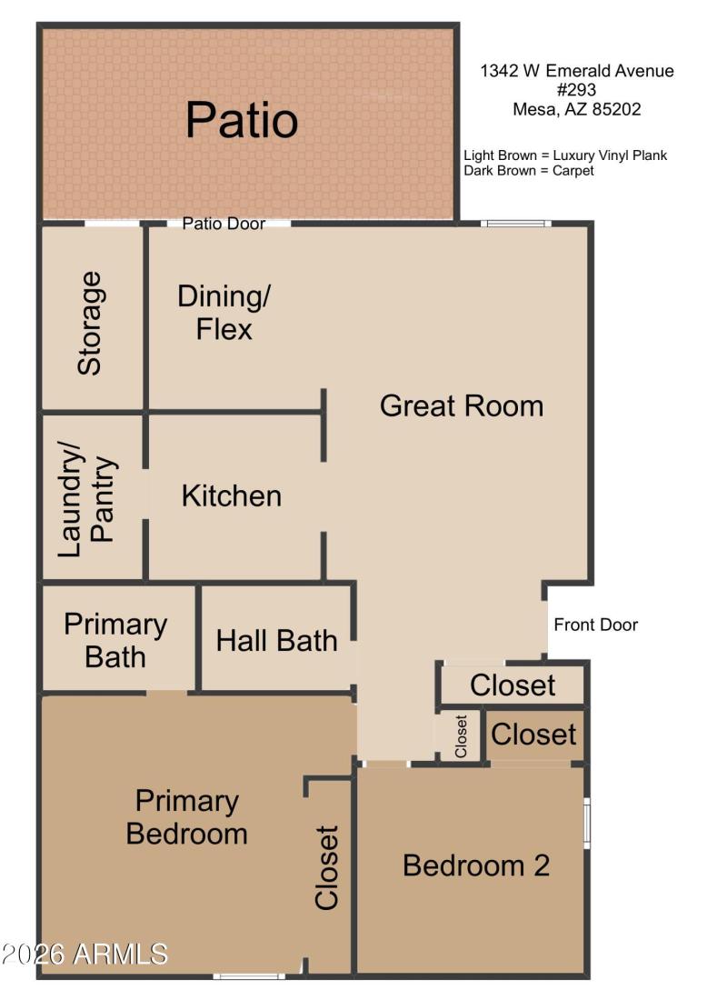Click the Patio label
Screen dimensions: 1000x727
click(x=242, y=121)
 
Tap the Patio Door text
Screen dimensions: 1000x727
click(x=224, y=224)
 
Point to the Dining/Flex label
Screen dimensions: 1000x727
click(x=224, y=313)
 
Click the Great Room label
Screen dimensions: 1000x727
click(x=462, y=405)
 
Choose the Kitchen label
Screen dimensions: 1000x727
click(x=232, y=496)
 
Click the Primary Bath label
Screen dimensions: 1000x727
click(x=115, y=641)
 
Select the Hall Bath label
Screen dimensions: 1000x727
click(x=276, y=641)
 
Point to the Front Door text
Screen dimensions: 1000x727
click(x=595, y=625)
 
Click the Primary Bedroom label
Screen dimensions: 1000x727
click(x=186, y=816)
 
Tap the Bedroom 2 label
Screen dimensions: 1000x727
click(x=476, y=865)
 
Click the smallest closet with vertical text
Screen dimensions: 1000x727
click(x=461, y=736)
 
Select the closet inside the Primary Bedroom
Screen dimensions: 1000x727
click(x=326, y=867)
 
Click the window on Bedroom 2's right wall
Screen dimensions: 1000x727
click(x=587, y=822)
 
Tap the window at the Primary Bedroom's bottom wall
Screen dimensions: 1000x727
click(x=249, y=975)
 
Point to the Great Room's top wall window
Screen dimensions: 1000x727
click(x=516, y=223)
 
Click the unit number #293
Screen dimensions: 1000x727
click(x=577, y=90)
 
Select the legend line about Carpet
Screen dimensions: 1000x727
click(x=529, y=170)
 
